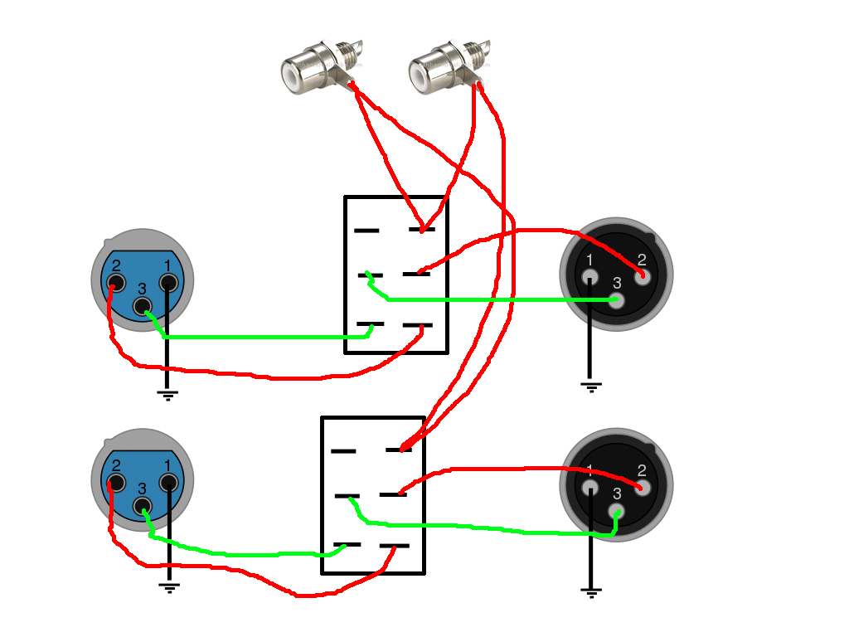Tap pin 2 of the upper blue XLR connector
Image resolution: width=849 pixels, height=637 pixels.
tap(115, 284)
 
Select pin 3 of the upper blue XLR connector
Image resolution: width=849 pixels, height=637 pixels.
tap(143, 306)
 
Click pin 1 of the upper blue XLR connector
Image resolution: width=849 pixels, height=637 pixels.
tap(168, 283)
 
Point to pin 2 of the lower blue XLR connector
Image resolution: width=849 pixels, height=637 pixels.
tap(115, 483)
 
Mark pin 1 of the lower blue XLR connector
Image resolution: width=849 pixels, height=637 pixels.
tap(168, 482)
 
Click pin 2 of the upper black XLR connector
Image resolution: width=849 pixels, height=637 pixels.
tap(643, 275)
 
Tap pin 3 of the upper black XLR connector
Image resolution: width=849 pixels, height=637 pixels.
tap(616, 299)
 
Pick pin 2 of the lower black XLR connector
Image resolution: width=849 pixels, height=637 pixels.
tap(643, 487)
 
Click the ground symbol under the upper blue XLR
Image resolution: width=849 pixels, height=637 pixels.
tap(168, 395)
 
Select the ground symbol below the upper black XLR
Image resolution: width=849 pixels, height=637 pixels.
tap(590, 386)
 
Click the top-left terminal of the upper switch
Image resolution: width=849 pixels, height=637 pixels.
tap(366, 230)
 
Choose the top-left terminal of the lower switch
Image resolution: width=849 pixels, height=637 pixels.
tap(343, 451)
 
